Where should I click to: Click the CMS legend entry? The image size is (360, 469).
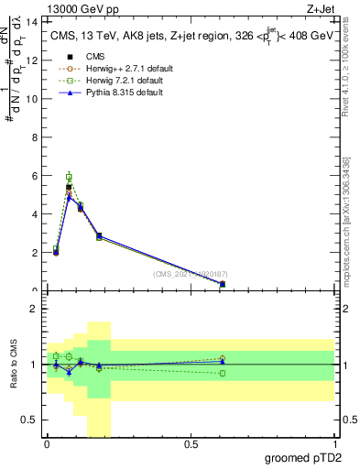coord(79,57)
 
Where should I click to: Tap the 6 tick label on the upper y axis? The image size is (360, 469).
coord(34,175)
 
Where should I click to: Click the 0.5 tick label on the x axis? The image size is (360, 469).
coord(190,444)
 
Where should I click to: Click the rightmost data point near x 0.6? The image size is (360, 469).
coord(223,284)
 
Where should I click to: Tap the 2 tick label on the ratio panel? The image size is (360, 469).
coord(34,309)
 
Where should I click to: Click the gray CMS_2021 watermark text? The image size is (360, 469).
coord(193,273)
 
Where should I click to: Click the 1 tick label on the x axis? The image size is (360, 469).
coord(333,444)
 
